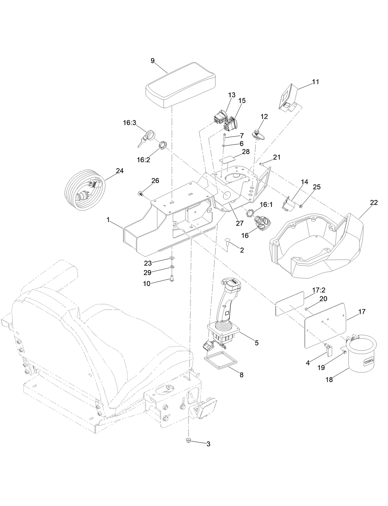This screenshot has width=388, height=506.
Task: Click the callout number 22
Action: point(374,203)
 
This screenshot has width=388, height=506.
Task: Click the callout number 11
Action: point(315,82)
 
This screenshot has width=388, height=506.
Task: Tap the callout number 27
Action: point(240,223)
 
